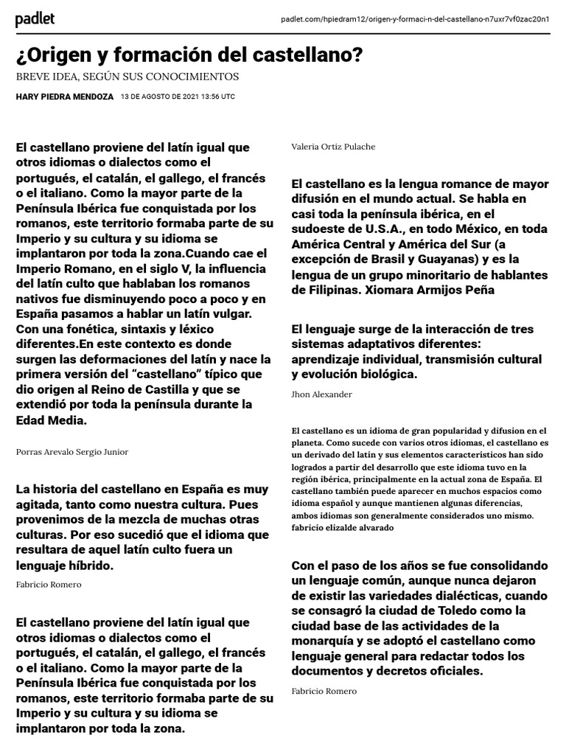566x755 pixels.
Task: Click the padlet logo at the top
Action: point(35,19)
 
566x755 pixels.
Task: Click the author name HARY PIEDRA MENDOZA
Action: point(63,97)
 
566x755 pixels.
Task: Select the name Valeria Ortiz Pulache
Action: point(333,147)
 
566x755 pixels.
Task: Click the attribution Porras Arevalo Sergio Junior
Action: point(71,451)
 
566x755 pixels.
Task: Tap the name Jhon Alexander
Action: point(321,394)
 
